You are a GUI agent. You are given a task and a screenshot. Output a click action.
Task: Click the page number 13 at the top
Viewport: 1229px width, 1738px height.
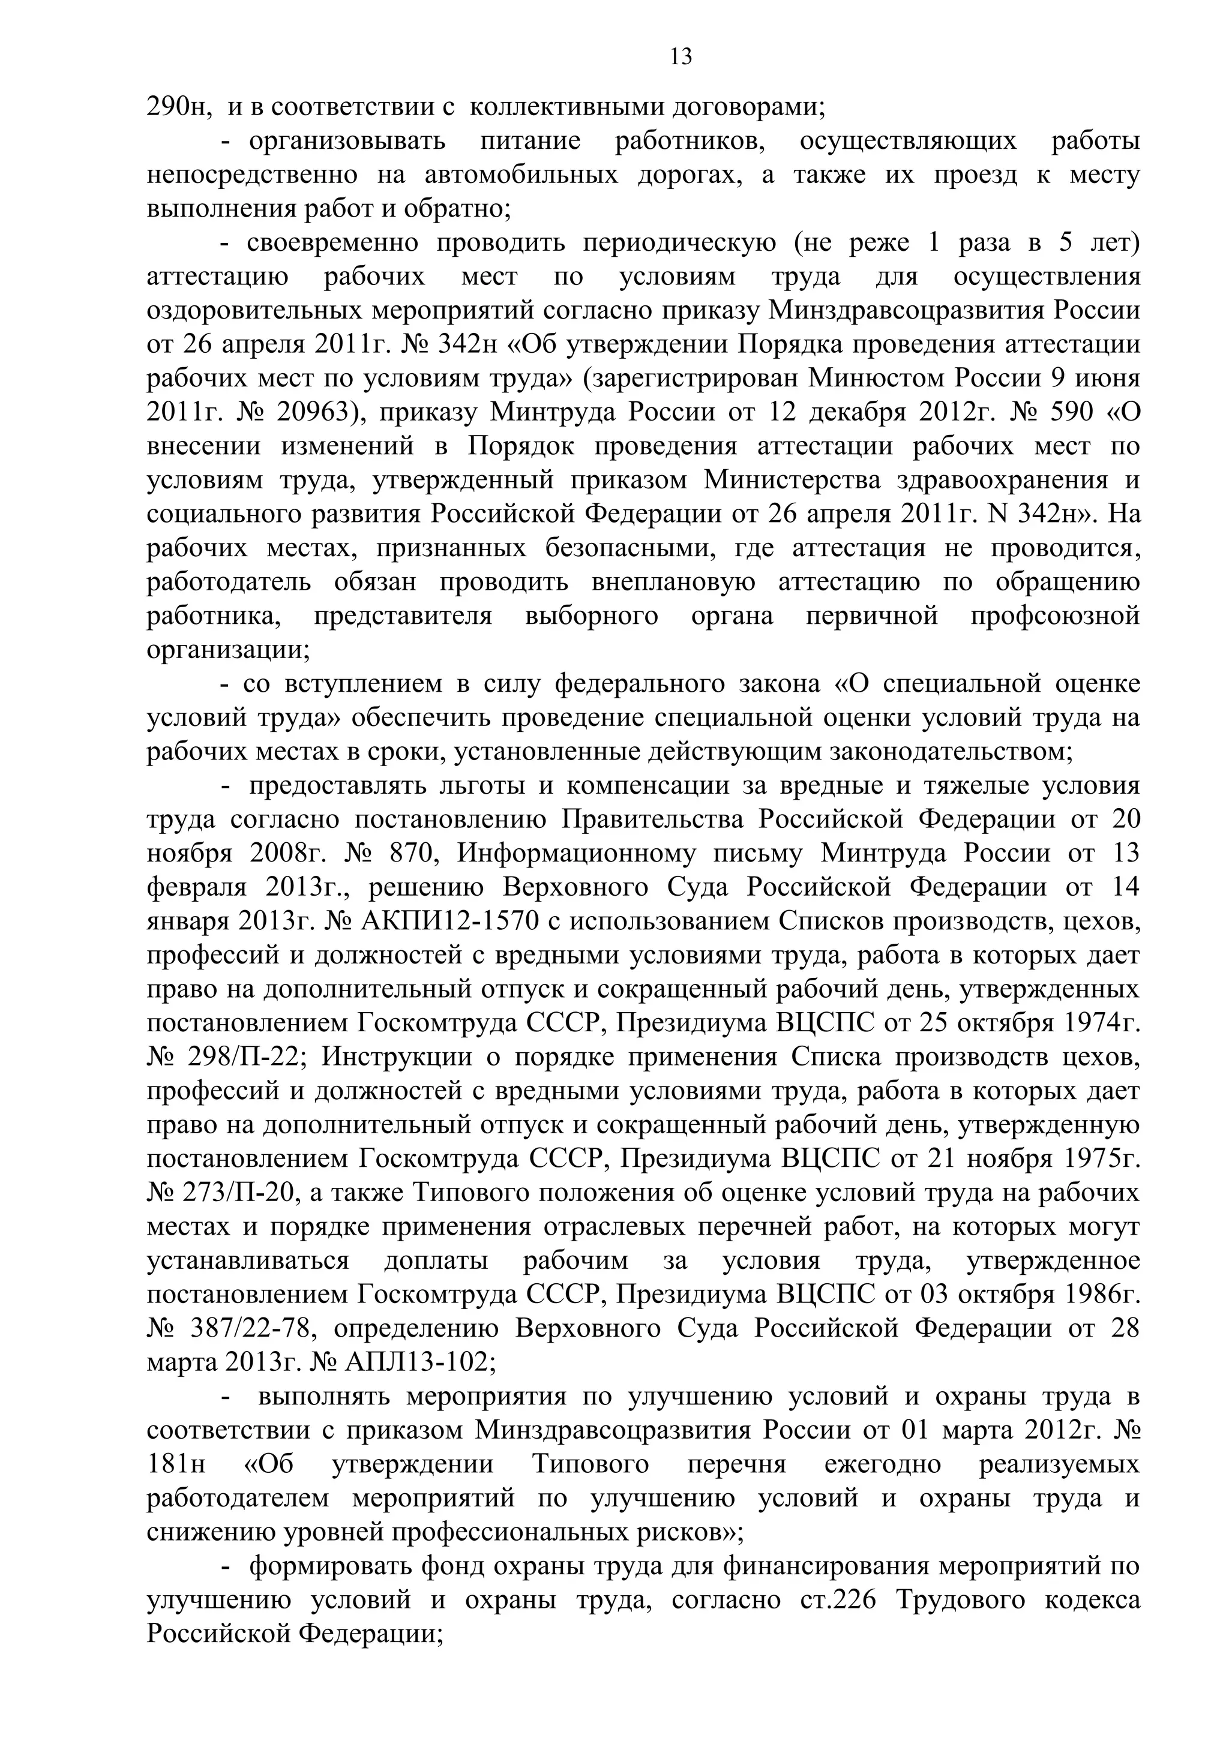pyautogui.click(x=682, y=58)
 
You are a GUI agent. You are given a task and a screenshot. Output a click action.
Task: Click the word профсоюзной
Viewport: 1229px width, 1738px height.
pyautogui.click(x=1055, y=617)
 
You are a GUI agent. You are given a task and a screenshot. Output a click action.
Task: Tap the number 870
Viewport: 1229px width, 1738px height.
pyautogui.click(x=410, y=855)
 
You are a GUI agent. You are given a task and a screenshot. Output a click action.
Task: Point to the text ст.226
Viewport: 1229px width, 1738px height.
pyautogui.click(x=834, y=1602)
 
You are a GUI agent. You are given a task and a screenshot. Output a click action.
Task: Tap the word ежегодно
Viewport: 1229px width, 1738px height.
pyautogui.click(x=882, y=1466)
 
